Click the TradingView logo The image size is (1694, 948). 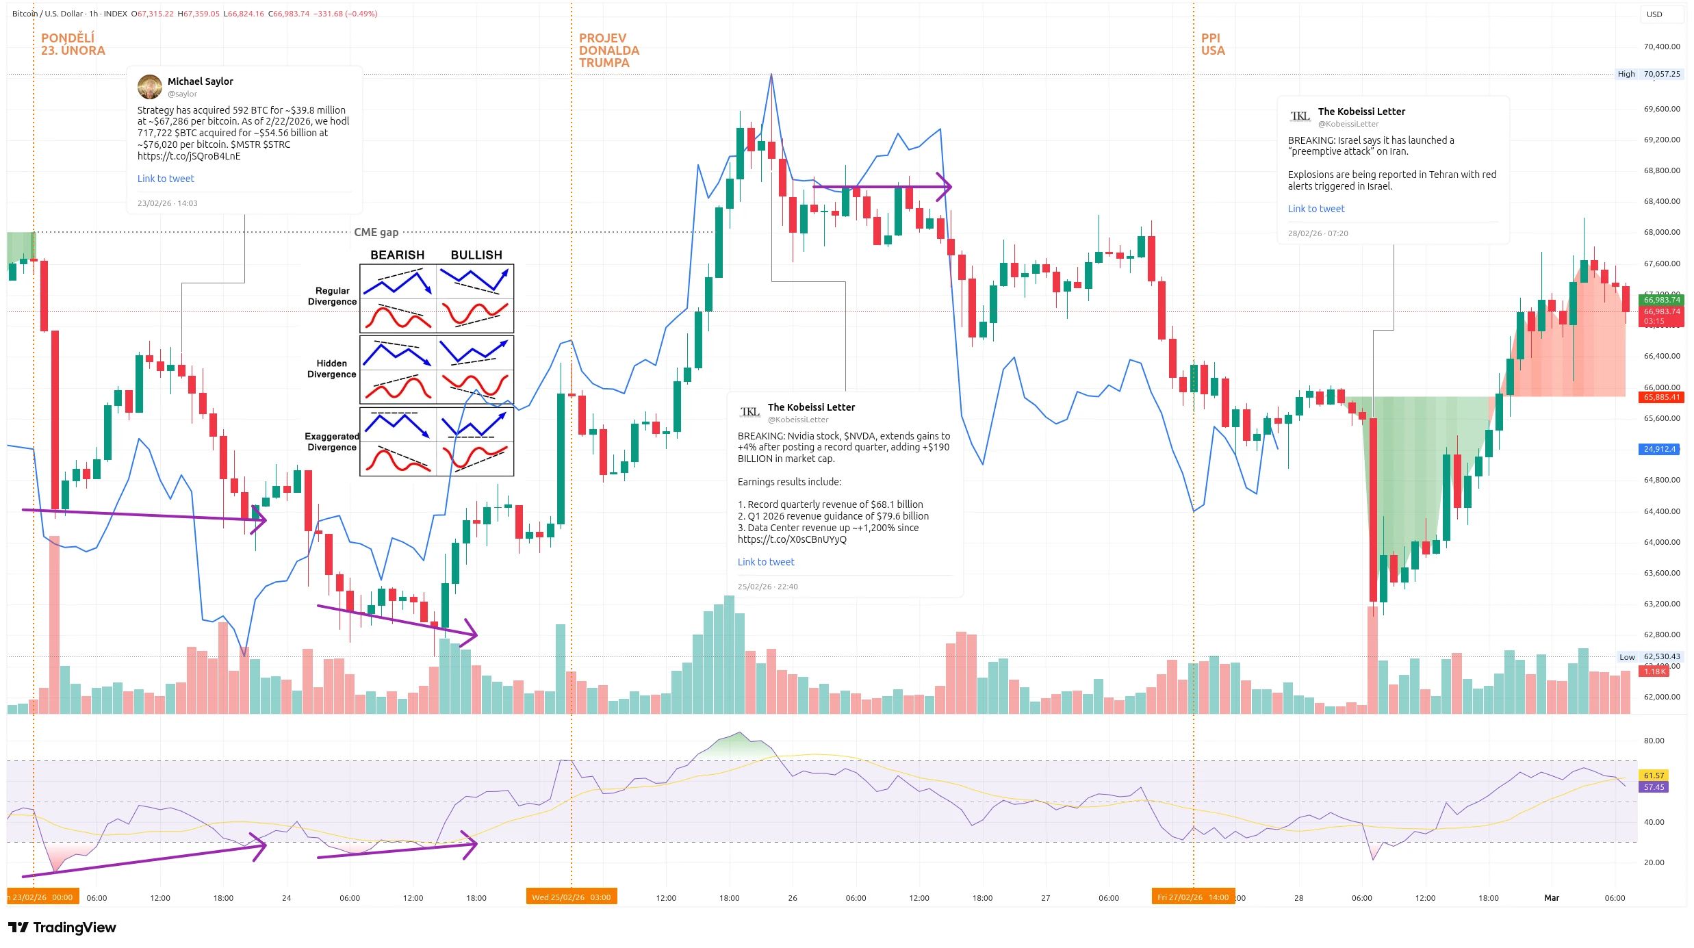tap(62, 927)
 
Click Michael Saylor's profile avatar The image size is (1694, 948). tap(149, 87)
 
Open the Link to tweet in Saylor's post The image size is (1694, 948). tap(166, 179)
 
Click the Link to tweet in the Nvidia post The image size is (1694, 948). tap(766, 562)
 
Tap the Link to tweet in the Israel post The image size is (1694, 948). tap(1316, 209)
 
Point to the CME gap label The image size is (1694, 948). tap(376, 232)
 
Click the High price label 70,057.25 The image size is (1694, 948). tap(1661, 74)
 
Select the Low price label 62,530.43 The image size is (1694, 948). tap(1661, 656)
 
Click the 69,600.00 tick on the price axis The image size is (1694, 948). tap(1661, 109)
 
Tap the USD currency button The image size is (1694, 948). tap(1654, 14)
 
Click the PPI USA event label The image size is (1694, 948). tap(1212, 44)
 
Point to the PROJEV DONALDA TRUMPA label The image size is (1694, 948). tap(608, 51)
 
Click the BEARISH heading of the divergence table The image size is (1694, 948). tap(397, 255)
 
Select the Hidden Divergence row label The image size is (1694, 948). tap(332, 369)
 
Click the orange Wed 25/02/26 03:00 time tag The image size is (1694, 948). tap(572, 897)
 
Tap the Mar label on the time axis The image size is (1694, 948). tap(1552, 897)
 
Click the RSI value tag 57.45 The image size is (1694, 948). tap(1654, 787)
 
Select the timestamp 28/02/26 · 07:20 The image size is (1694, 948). tap(1318, 233)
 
